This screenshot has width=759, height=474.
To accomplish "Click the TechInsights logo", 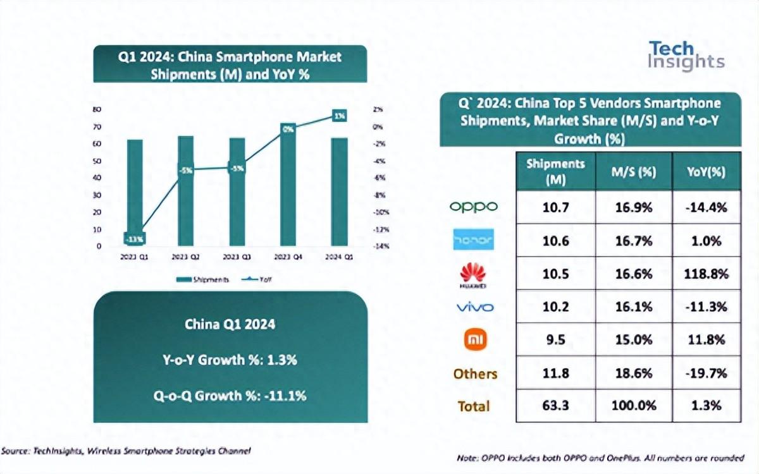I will pos(686,56).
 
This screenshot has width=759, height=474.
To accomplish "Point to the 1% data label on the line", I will pos(340,116).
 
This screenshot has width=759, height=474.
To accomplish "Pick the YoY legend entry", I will pos(268,279).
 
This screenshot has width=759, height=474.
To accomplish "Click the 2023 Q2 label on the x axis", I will pos(186,257).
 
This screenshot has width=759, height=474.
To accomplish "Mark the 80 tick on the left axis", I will pos(97,109).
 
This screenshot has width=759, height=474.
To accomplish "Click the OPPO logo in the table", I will pos(473,207).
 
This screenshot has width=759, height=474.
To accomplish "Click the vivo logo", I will pos(474,308).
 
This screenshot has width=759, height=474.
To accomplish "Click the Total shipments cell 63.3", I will pos(555,406).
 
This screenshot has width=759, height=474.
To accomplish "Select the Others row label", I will pos(475,374).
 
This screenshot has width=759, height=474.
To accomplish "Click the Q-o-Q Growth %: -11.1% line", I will pos(230,396).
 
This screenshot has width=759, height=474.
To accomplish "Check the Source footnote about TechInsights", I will pos(126,451).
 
